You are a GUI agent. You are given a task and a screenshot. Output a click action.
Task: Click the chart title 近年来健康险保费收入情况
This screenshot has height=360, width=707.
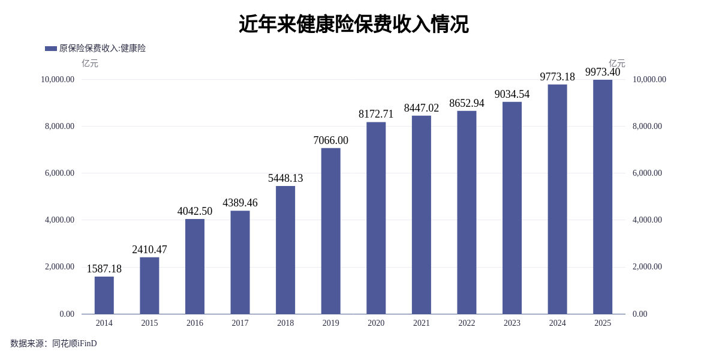(353, 25)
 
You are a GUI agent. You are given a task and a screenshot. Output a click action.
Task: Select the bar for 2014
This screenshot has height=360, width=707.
(104, 295)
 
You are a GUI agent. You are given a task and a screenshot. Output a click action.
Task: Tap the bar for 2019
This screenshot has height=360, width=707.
(330, 231)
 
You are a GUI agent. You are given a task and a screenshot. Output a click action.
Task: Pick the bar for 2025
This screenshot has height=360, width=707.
(603, 197)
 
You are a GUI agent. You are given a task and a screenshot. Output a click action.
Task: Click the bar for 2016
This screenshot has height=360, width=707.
(195, 266)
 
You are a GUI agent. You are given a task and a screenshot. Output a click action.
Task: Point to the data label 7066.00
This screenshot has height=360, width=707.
(330, 140)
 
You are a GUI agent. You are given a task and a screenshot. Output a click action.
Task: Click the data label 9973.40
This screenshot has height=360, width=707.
(603, 72)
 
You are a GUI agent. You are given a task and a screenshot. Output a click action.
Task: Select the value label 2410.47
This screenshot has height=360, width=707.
(149, 250)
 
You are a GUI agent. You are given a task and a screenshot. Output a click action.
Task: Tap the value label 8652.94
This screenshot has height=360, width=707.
(467, 103)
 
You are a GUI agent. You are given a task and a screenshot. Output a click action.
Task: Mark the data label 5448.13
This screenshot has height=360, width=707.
(285, 178)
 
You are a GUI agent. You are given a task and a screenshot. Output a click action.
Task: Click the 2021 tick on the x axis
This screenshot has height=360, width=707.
(421, 323)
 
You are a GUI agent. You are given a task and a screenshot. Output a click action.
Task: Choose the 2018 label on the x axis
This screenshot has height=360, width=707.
(285, 323)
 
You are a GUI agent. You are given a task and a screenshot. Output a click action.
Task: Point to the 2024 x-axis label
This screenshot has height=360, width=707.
(557, 323)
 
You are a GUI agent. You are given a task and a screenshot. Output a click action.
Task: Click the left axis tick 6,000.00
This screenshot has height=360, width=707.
(58, 173)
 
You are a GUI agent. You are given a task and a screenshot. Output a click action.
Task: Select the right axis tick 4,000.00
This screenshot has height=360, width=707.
(647, 220)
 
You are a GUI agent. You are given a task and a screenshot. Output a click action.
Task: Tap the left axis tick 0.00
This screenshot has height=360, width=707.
(67, 314)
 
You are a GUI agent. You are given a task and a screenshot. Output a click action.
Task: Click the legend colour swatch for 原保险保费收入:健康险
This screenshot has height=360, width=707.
(51, 49)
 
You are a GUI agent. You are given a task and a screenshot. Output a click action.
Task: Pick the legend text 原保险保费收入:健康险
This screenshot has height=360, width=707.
(103, 49)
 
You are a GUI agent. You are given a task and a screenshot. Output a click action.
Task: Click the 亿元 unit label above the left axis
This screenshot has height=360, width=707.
(90, 63)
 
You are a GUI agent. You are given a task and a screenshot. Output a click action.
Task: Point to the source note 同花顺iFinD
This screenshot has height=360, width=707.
(74, 344)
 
